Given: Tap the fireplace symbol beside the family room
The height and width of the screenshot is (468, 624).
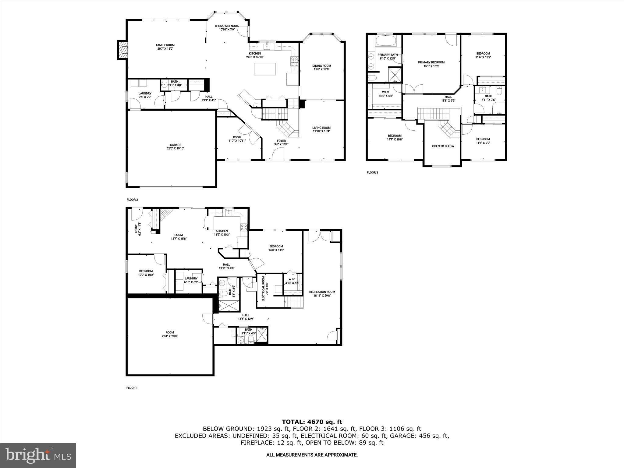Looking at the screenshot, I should coord(123,50).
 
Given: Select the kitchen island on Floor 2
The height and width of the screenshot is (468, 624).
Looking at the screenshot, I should coord(265,69).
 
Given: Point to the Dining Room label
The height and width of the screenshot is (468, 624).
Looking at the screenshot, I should coord(321,67).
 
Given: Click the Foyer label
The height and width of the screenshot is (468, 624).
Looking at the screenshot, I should coord(281,142).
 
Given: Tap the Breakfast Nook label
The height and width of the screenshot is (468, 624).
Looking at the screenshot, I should coord(227,27).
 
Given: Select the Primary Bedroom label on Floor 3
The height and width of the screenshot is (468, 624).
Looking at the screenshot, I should coord(431,64).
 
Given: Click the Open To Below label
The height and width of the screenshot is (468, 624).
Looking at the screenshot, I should coord(443,146).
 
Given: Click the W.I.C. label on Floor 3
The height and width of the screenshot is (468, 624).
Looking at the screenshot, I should coord(385,94).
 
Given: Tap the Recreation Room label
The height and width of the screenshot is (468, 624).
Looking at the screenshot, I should coord(322,293).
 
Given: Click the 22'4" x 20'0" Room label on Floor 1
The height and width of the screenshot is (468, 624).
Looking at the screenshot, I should coord(170,334).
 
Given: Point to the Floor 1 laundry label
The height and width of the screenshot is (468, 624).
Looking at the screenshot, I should coord(191,280).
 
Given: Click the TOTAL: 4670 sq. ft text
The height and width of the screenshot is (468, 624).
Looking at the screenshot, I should coord(312,422).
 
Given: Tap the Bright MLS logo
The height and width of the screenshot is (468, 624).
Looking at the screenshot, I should coord(38,455).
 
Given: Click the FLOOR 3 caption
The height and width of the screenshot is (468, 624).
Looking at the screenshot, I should coord(372,172).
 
